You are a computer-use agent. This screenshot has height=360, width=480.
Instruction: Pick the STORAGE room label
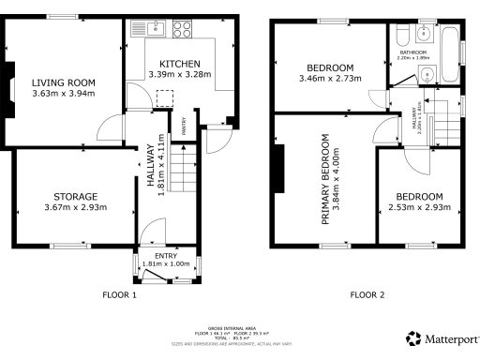[x=70, y=196]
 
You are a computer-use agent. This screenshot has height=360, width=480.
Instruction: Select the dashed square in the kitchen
[x=165, y=97]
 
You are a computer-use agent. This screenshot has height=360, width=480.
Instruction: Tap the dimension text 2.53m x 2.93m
[x=417, y=207]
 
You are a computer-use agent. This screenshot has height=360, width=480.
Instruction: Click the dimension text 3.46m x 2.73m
[x=329, y=80]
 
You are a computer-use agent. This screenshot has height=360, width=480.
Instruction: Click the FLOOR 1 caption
[x=119, y=294]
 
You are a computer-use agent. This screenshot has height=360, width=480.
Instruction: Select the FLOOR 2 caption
[x=367, y=294]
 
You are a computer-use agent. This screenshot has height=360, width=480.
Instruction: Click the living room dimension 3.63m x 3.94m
[x=64, y=94]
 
